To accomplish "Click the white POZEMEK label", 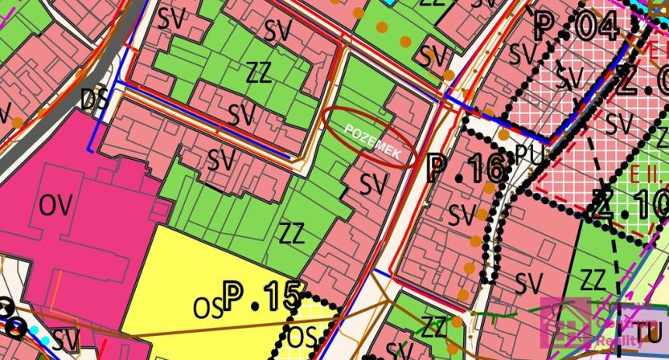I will point(370,137).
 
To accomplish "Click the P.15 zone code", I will point(262,297).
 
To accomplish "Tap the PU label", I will point(527,152).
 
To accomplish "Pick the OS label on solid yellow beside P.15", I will point(207,307).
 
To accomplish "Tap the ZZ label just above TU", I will point(592,280).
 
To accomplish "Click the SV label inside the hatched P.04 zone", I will point(569,78).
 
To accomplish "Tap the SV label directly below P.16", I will point(462,215).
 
